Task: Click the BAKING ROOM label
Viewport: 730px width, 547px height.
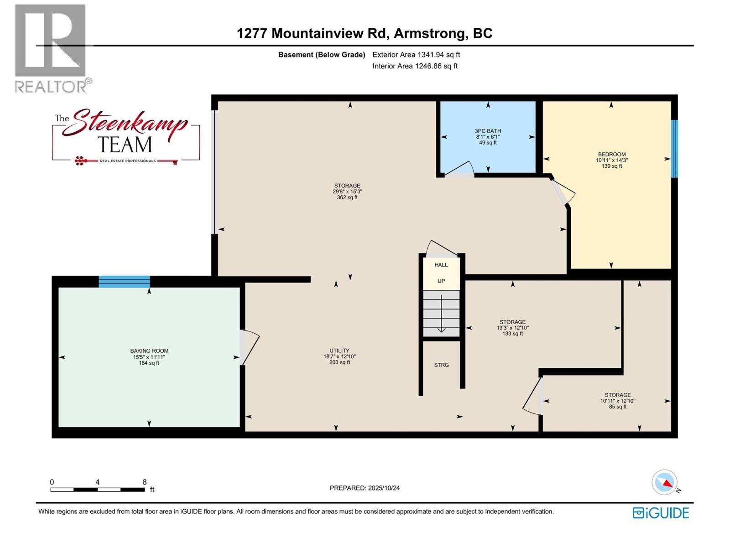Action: (x=149, y=356)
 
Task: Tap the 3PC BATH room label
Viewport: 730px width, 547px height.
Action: (x=488, y=136)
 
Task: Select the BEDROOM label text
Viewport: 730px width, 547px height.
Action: (x=611, y=160)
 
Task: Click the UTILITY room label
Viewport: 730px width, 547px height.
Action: (x=339, y=356)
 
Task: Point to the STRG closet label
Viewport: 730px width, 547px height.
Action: (x=441, y=365)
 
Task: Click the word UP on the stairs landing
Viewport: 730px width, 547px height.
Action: (x=441, y=281)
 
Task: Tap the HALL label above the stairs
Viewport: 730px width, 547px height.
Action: (x=441, y=265)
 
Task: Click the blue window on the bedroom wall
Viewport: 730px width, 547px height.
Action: (x=674, y=148)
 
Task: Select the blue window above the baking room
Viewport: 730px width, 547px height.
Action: (x=124, y=282)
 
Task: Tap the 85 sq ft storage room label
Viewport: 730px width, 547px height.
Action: (x=617, y=401)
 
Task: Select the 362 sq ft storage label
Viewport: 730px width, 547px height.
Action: (x=347, y=191)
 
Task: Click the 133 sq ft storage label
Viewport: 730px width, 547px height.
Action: (x=512, y=327)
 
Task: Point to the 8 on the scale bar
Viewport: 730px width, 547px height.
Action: (x=144, y=482)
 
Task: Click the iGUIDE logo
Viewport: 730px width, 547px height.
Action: (x=660, y=513)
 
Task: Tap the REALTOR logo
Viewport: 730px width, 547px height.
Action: (x=51, y=48)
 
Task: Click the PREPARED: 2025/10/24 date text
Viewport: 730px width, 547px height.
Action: (x=365, y=488)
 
